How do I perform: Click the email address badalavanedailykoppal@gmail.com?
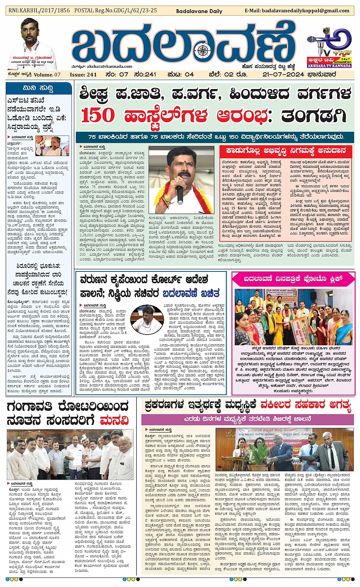point(297,11)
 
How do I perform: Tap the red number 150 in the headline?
point(98,115)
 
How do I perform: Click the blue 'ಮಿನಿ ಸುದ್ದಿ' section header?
point(38,88)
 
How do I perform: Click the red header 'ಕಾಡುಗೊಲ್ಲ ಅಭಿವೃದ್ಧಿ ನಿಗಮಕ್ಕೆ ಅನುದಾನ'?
point(285,151)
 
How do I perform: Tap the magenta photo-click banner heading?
point(293,279)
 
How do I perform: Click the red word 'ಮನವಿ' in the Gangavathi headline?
point(114,421)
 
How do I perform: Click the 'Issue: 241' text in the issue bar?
point(83,75)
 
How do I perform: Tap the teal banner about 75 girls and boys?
point(216,137)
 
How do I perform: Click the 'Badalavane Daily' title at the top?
point(199,11)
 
